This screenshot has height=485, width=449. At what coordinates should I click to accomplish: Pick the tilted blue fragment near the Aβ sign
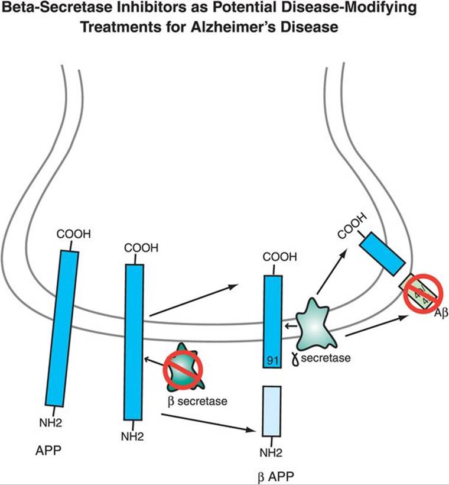[383, 253]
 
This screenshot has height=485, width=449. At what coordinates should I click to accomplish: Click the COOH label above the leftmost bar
[74, 234]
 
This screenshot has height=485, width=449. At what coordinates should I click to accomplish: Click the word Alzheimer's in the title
[264, 28]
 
